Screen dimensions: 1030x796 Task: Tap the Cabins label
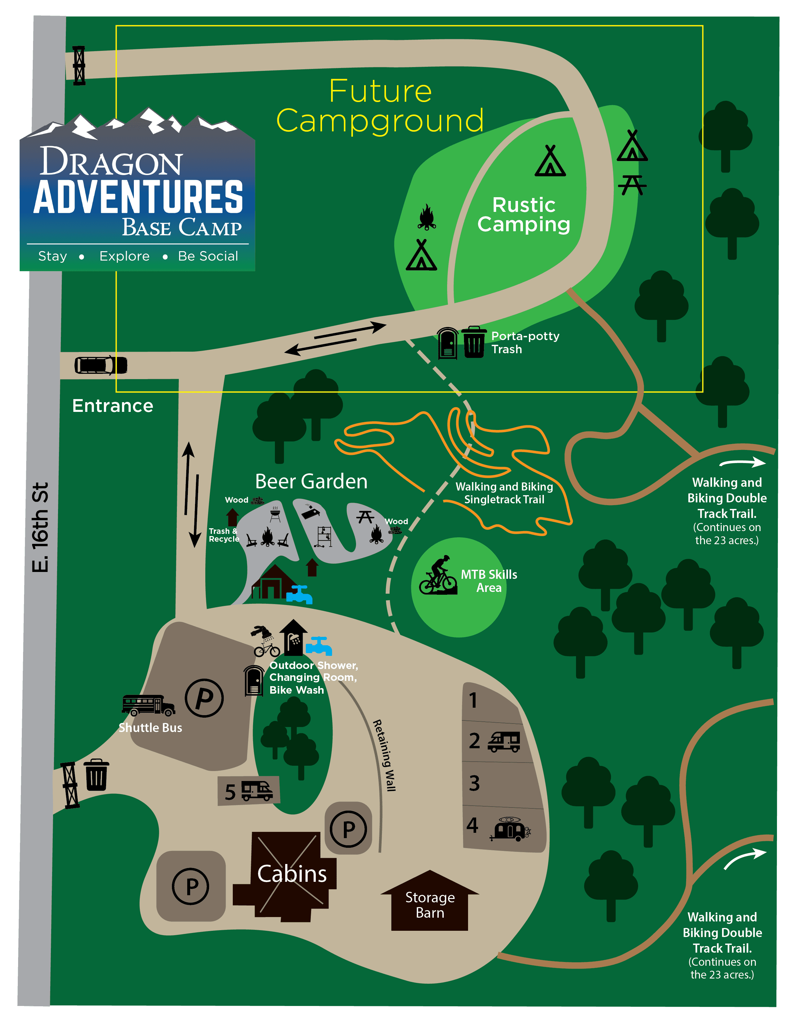tap(292, 873)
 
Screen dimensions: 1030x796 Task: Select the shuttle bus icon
tap(149, 705)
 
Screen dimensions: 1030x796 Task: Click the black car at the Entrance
tap(101, 365)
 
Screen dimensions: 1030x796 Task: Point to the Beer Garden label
tap(311, 481)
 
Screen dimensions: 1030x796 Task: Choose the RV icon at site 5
tap(257, 790)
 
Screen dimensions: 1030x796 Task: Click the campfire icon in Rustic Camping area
tap(427, 217)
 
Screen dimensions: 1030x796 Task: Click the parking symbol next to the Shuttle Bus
tap(204, 698)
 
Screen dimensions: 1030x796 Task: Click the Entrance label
tap(113, 406)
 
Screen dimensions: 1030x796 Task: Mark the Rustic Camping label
tap(523, 215)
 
